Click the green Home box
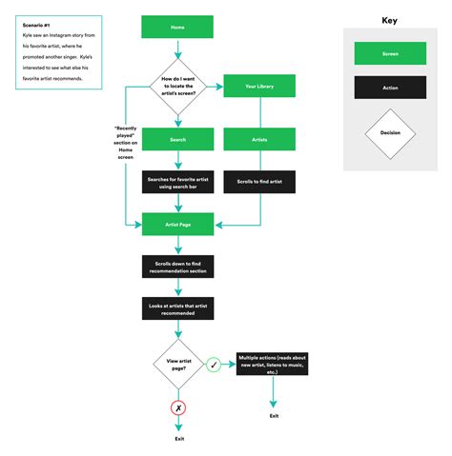pyautogui.click(x=178, y=29)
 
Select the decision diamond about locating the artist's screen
pyautogui.click(x=178, y=88)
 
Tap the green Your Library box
pyautogui.click(x=258, y=88)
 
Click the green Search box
pyautogui.click(x=178, y=139)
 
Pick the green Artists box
pyautogui.click(x=258, y=139)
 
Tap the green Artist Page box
pyautogui.click(x=178, y=224)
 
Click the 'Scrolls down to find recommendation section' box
pyautogui.click(x=178, y=267)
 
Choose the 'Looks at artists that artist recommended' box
pyautogui.click(x=178, y=309)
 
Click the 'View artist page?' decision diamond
pyautogui.click(x=178, y=364)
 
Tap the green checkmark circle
pyautogui.click(x=215, y=365)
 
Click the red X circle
pyautogui.click(x=178, y=407)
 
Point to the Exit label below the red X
pyautogui.click(x=178, y=438)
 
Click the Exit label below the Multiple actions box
pyautogui.click(x=274, y=416)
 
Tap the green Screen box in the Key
pyautogui.click(x=390, y=54)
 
